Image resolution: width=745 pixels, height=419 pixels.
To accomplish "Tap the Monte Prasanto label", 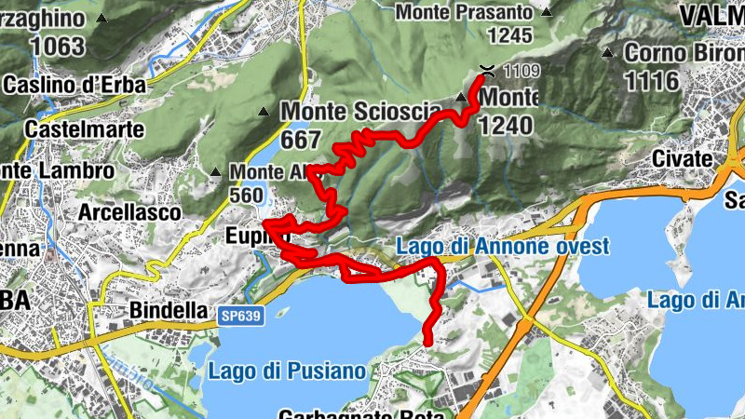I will (x=465, y=12).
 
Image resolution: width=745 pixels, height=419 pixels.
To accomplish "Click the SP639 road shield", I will (x=241, y=317).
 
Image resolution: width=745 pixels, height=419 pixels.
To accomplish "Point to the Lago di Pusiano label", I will (x=287, y=371).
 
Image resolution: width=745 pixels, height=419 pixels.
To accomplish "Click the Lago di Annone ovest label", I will (x=502, y=247).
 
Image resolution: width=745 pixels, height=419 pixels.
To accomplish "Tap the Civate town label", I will (x=682, y=158).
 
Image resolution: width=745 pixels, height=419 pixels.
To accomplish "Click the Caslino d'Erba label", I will (x=74, y=85).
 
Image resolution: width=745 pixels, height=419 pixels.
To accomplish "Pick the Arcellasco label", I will (x=129, y=213).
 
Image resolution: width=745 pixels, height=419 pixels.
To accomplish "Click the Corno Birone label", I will (x=684, y=52).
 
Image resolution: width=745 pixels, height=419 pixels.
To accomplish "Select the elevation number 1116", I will (x=652, y=81).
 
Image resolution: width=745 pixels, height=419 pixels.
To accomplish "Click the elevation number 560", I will (x=246, y=196).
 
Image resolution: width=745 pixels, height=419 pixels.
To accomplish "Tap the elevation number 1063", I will (x=57, y=45).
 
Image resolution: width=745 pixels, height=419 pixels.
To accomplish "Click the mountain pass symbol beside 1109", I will (x=486, y=68).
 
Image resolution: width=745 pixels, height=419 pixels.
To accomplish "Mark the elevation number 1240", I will (x=505, y=125).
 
